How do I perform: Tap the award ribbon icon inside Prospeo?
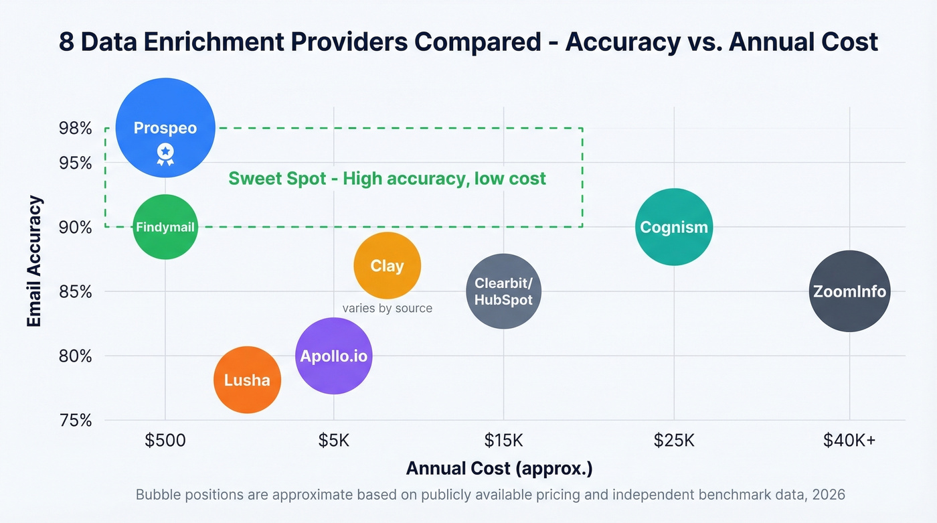point(165,154)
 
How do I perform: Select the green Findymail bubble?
point(165,227)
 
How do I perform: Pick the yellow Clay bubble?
point(387,266)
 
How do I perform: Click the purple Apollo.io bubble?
point(333,356)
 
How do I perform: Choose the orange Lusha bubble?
point(247,380)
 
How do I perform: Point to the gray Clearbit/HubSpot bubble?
point(503,291)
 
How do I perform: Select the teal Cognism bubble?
point(674,227)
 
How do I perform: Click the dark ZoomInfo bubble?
point(849,291)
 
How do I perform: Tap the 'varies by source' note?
point(387,309)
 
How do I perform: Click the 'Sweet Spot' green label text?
point(387,179)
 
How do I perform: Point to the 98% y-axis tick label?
point(75,128)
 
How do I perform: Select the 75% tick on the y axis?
point(75,421)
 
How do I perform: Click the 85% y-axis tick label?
point(75,292)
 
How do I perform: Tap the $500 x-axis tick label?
point(165,441)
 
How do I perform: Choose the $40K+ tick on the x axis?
point(849,441)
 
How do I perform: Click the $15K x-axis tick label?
point(503,441)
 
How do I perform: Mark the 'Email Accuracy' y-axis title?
point(35,261)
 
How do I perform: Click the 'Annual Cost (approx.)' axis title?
point(499,468)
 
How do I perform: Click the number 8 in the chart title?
point(66,42)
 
